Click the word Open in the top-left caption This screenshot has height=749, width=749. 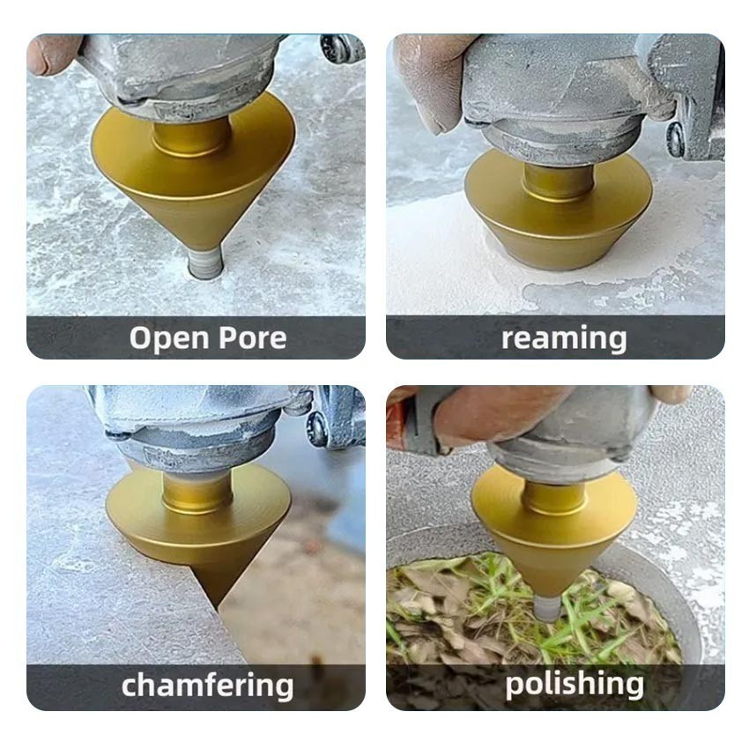pos(169,339)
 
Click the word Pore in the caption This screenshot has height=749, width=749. pos(253,337)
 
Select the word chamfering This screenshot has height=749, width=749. pos(207,685)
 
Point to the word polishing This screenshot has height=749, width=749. pos(575,684)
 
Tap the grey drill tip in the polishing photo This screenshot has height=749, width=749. pos(548,608)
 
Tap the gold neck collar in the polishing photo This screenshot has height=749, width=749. pos(554,498)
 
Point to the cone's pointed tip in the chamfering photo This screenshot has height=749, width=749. pos(218,608)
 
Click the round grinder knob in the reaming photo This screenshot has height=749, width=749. pos(676,138)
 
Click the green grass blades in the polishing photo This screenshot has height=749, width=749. pos(564,621)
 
